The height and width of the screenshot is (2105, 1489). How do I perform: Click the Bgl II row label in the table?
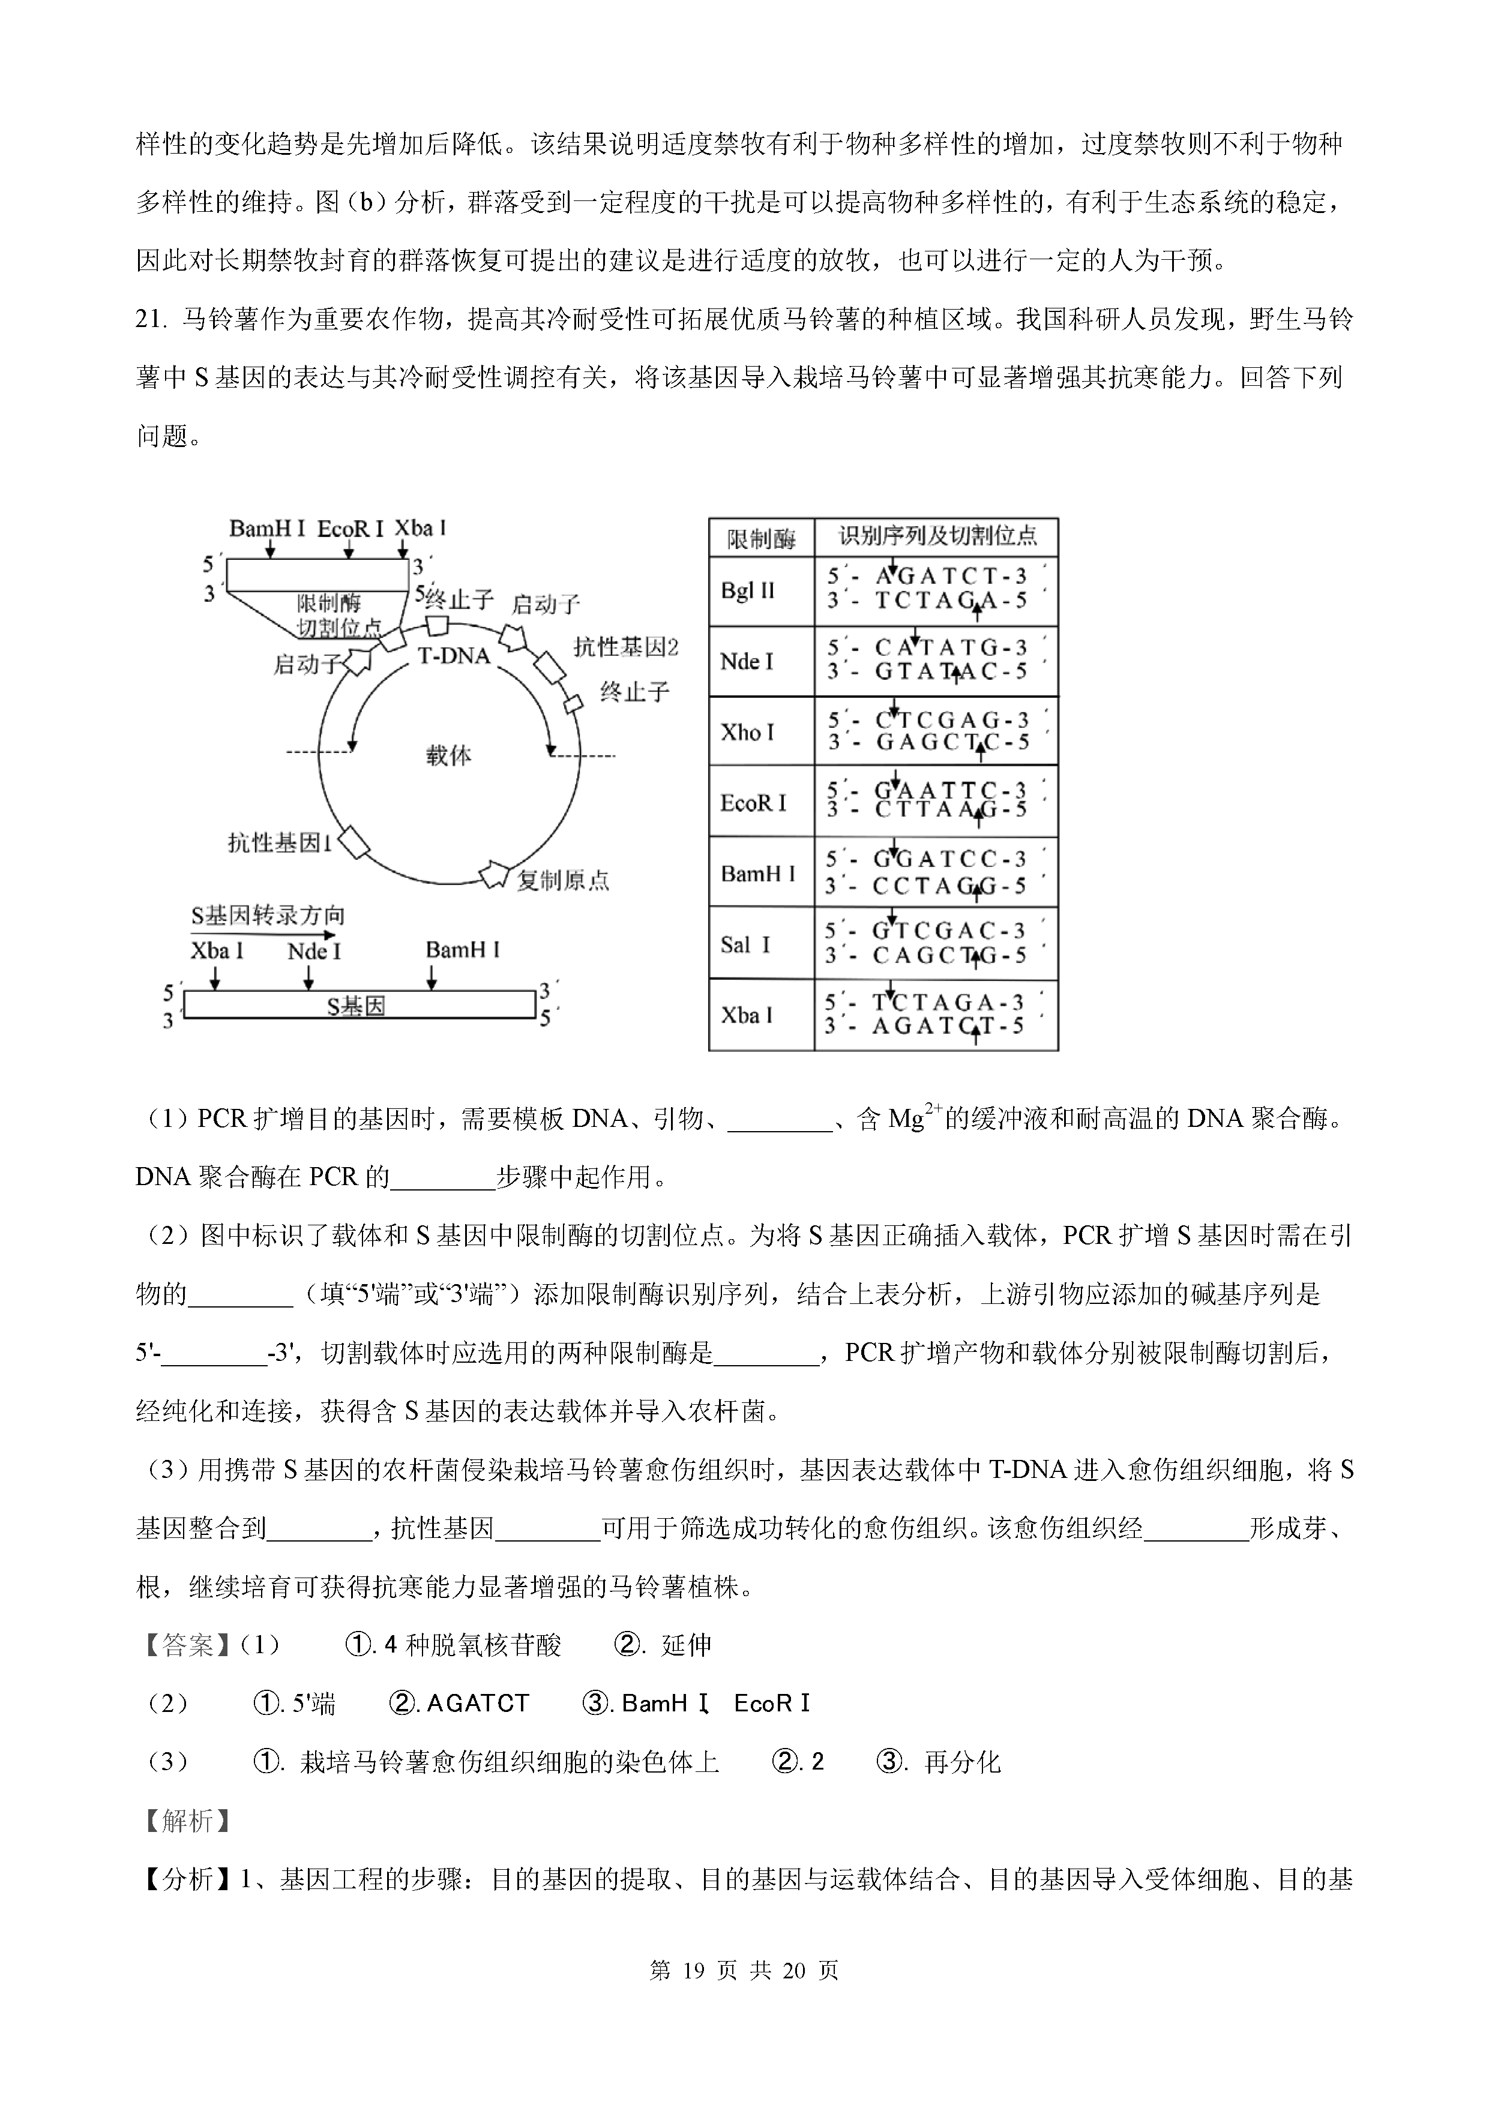click(747, 590)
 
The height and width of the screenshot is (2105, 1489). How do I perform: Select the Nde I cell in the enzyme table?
click(747, 661)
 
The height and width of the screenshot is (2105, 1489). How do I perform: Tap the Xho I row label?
click(747, 731)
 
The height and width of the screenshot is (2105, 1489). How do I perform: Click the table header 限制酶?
click(761, 539)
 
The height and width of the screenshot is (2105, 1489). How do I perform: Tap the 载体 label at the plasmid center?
click(448, 755)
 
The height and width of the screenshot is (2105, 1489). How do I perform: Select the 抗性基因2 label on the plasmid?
click(625, 647)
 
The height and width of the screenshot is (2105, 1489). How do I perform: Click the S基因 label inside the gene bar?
click(356, 1007)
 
